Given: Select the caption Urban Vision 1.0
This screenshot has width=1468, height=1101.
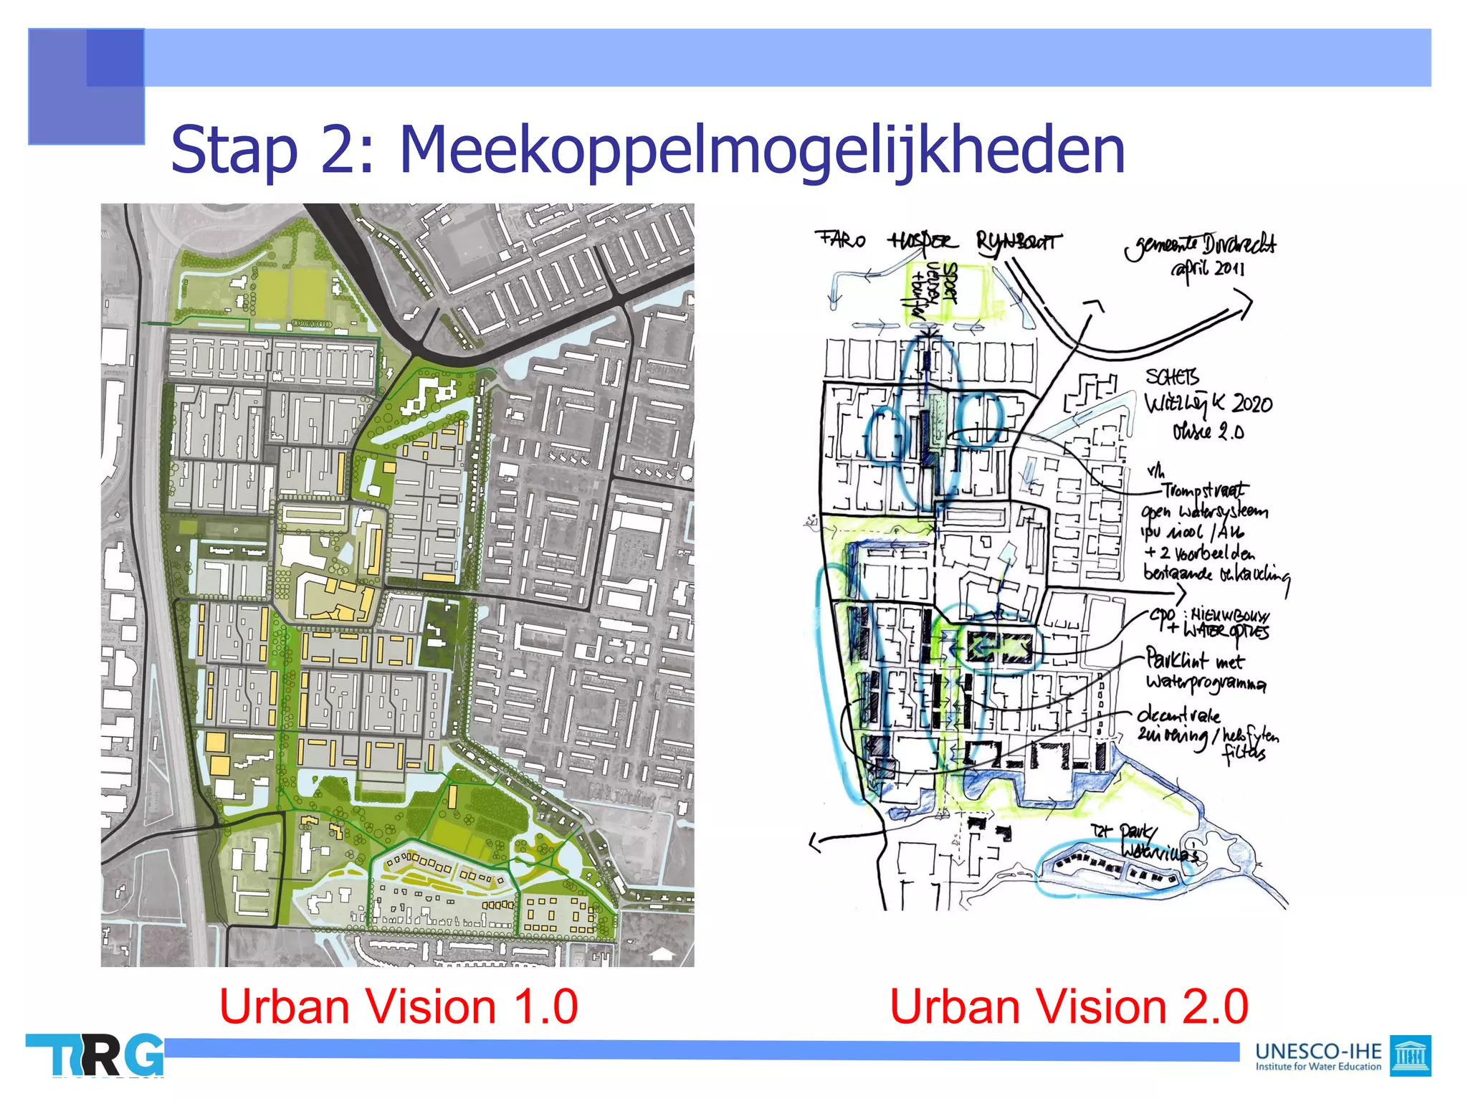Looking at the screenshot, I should tap(398, 1006).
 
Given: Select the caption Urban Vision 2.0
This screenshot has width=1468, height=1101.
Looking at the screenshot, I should tap(1069, 1006).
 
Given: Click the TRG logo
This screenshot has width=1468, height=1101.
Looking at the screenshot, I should tap(95, 1055).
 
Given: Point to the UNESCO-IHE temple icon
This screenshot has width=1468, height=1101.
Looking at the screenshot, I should tap(1409, 1055).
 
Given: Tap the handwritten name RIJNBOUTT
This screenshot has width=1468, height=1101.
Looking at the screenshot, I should tap(1017, 242).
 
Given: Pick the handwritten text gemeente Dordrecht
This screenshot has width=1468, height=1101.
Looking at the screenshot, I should tap(1201, 245).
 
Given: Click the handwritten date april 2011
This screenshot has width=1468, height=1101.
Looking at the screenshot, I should tap(1209, 270).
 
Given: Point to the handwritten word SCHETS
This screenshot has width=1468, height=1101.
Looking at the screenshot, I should tap(1172, 377).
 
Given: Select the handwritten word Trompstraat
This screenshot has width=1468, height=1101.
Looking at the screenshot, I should tap(1204, 490).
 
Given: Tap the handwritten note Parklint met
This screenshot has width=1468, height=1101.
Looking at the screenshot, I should tap(1194, 659).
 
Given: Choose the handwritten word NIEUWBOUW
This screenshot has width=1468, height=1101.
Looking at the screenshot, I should tap(1230, 615).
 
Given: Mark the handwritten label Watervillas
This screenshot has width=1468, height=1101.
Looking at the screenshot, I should tap(1159, 852).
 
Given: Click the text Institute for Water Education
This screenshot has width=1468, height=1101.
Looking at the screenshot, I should tap(1317, 1067).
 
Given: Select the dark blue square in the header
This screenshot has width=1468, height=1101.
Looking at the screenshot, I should tap(115, 57).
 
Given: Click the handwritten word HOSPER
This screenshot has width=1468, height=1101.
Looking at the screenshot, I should tap(922, 241).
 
